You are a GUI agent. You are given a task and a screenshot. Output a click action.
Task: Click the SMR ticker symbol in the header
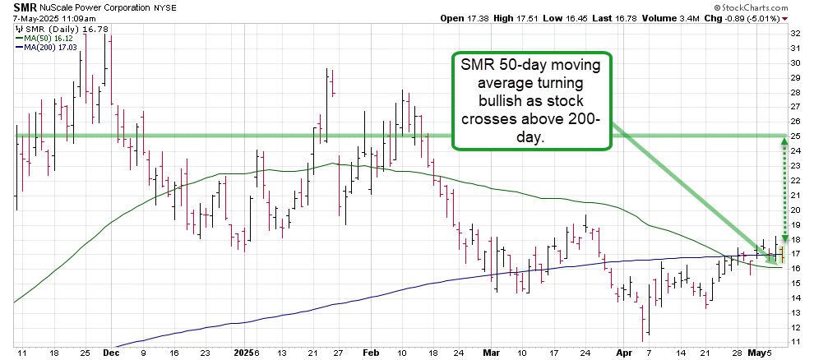[x=25, y=7]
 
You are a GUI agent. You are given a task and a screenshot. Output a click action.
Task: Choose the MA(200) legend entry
[x=44, y=48]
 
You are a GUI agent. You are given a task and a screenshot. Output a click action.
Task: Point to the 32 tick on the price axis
[x=795, y=34]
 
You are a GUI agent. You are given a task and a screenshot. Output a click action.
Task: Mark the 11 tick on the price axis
[x=795, y=340]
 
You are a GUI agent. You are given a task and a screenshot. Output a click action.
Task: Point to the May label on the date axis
[x=756, y=352]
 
